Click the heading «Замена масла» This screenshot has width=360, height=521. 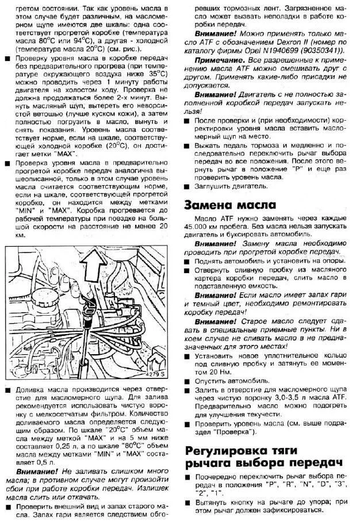230,206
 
